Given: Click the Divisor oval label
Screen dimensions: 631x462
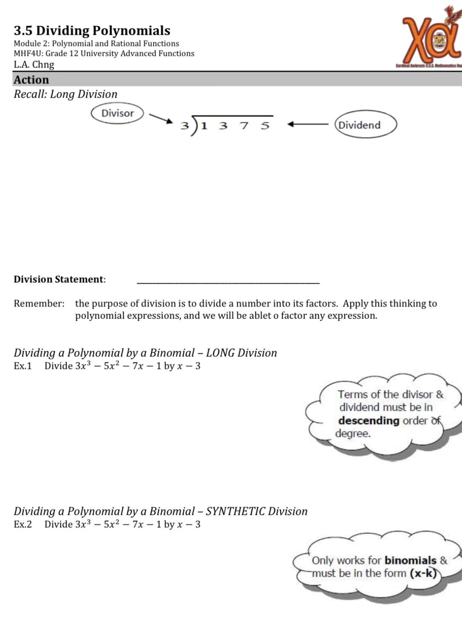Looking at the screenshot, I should (118, 113).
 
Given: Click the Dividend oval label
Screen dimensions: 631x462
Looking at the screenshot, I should (366, 125).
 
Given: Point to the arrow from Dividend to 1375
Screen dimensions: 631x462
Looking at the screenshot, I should (308, 125).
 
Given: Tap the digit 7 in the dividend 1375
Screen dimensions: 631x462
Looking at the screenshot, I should (244, 126).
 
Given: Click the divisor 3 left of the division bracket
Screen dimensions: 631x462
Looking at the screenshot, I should (184, 126).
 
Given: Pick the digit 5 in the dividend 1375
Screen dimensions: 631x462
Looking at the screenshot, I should (265, 126).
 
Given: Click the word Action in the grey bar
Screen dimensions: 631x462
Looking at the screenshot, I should (31, 80).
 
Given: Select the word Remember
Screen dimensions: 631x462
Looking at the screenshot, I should (39, 303).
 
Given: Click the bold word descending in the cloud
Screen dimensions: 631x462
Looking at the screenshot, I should (369, 421).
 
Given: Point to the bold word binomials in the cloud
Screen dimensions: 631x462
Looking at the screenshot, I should (410, 560).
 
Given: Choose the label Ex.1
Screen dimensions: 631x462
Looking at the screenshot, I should (23, 366).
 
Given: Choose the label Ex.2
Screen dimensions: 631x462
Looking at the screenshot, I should (23, 524).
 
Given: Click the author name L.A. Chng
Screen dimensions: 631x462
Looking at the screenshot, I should (34, 65).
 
